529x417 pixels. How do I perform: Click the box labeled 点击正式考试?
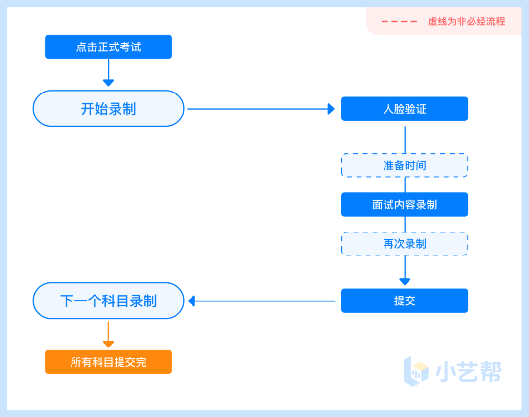108,47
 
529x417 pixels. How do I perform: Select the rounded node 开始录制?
108,109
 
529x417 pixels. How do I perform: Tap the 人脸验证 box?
405,109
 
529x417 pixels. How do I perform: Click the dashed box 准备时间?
405,165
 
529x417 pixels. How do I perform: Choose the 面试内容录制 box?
405,205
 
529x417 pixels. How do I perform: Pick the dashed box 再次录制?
405,244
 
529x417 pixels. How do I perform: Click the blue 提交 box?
405,301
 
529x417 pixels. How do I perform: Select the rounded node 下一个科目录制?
108,301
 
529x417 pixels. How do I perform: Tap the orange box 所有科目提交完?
108,362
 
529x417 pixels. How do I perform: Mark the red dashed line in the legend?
399,22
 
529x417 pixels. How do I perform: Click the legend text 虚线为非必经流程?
466,22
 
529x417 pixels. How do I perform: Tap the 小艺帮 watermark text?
469,371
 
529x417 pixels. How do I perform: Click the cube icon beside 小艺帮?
416,371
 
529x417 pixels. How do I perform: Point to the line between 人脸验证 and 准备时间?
405,139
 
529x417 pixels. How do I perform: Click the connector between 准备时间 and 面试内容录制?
405,185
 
